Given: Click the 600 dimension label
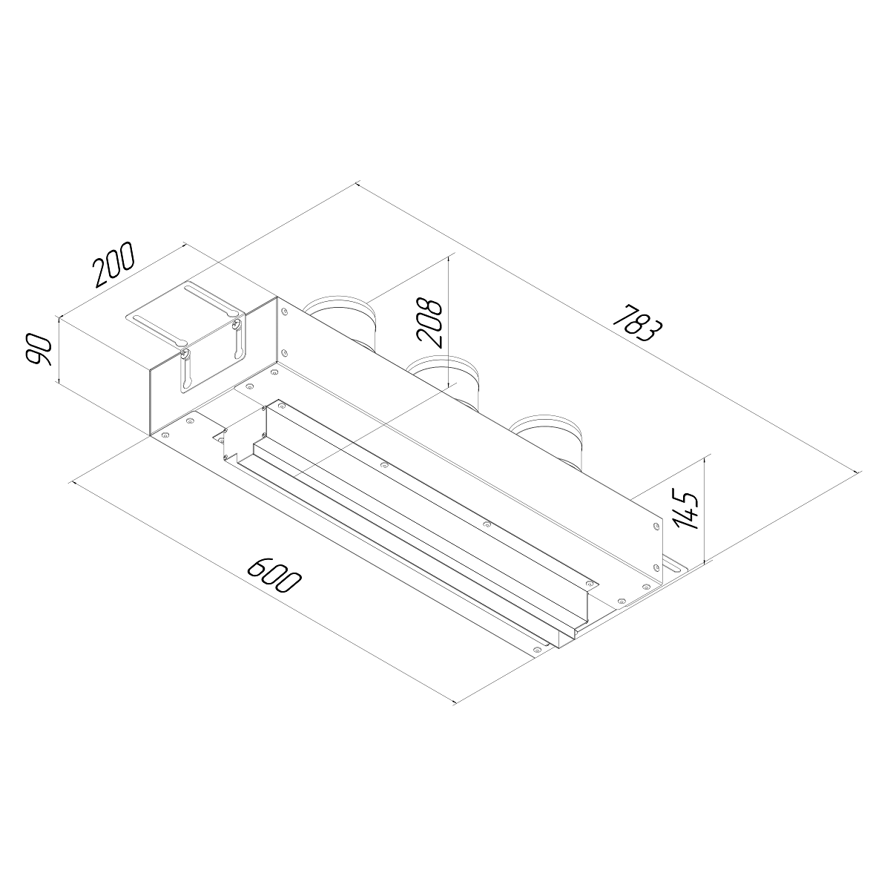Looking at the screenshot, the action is (274, 575).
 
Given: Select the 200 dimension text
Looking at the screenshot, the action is (113, 264).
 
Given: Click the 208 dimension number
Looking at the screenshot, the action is (430, 323).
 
